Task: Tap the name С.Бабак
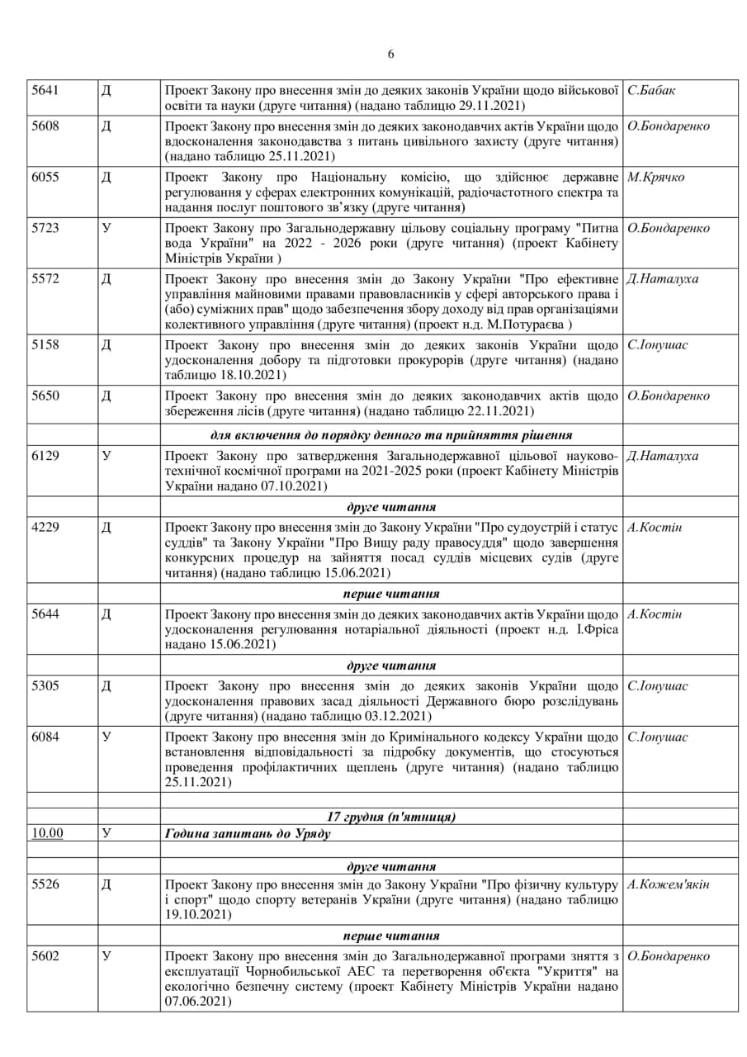tap(651, 90)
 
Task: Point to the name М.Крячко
tap(656, 177)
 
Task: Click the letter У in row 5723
tap(106, 228)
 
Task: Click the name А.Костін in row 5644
tap(655, 614)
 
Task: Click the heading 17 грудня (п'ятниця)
tap(391, 817)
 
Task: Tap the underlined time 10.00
tap(47, 833)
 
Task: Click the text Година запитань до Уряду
tap(248, 833)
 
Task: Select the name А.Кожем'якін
tap(669, 885)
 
